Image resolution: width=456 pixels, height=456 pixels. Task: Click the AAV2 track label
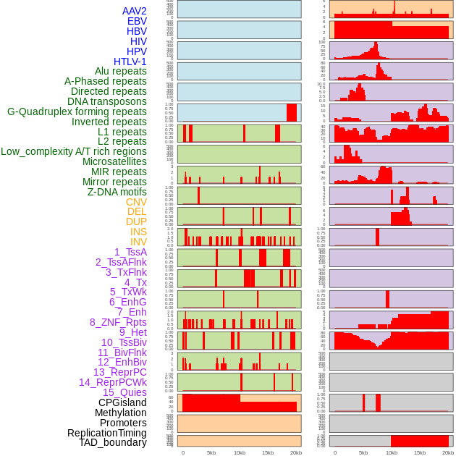[135, 11]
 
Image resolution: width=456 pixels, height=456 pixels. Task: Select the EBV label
[137, 21]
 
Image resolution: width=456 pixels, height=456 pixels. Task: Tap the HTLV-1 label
[130, 62]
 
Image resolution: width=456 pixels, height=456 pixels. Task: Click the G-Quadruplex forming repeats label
[77, 111]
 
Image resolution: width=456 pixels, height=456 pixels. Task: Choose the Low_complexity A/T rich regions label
[74, 151]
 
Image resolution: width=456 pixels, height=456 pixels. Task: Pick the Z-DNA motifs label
[117, 192]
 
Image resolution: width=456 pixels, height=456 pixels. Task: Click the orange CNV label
[136, 202]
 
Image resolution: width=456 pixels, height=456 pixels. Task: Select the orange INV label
[138, 242]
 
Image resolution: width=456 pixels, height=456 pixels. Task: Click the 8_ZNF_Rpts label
[118, 322]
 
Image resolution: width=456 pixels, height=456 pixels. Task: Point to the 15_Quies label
[124, 392]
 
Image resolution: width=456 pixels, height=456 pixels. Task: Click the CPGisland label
[122, 402]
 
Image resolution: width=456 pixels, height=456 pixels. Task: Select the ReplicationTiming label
[107, 433]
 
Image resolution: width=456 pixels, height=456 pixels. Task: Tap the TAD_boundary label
[113, 442]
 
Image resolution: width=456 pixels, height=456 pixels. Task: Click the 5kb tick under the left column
[211, 452]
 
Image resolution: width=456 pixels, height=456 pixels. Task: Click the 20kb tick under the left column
[295, 452]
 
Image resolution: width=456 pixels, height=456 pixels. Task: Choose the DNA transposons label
[107, 101]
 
